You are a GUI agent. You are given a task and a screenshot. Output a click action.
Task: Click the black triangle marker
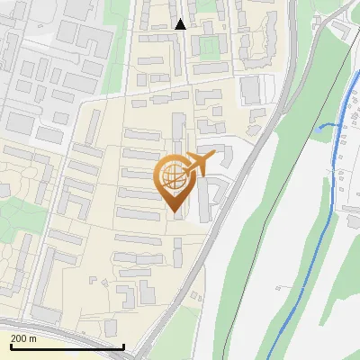pos(180,24)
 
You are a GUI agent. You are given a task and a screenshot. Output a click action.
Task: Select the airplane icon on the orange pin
pos(197,164)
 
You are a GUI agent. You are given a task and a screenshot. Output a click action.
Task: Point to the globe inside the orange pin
pos(171,177)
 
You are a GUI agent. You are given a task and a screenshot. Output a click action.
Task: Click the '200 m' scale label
pos(23,338)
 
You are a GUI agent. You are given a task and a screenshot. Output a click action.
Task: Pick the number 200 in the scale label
pos(19,338)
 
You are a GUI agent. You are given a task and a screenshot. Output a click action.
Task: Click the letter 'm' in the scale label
pos(32,338)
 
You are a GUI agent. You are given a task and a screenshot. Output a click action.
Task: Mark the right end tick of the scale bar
pos(123,345)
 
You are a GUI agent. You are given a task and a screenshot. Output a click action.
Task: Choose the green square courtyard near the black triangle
pos(209,44)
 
